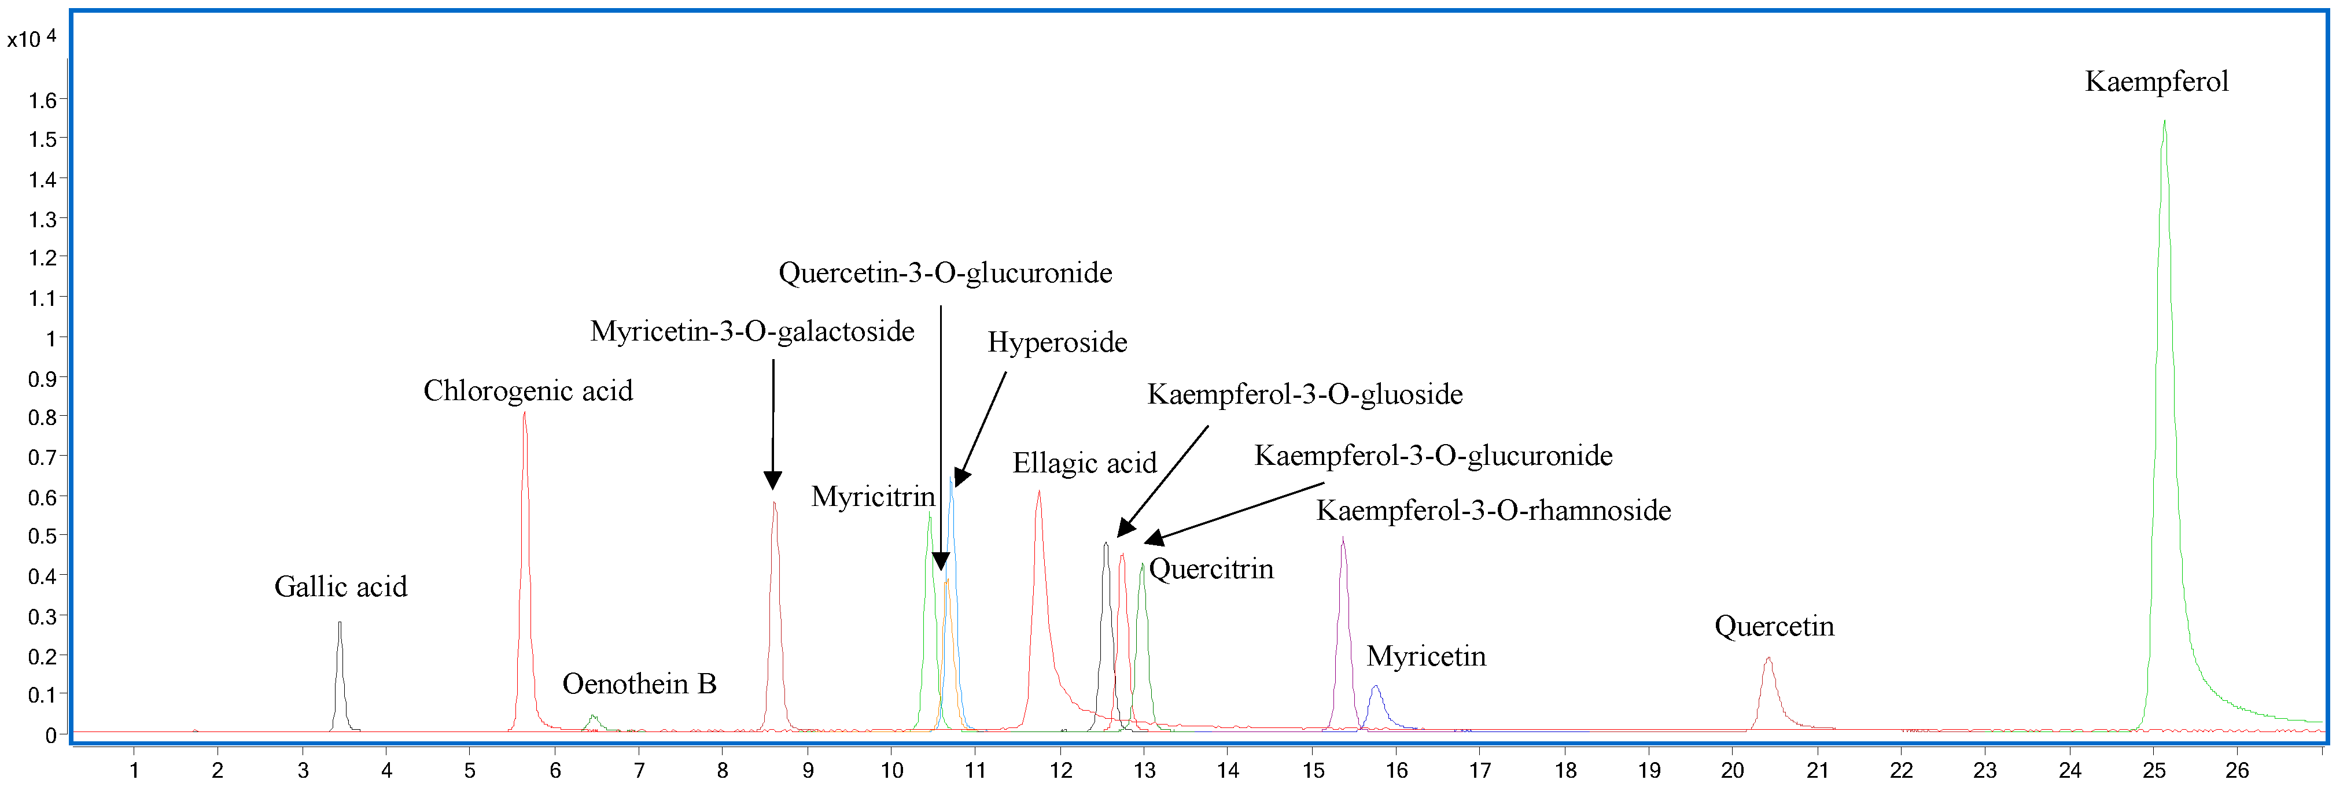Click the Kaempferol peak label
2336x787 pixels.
coord(2156,82)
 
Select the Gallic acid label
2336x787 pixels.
coord(340,586)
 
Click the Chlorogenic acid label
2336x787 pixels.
coord(528,391)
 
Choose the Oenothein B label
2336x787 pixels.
coord(639,683)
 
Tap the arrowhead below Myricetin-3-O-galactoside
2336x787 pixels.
coord(773,481)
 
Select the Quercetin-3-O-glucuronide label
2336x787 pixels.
coord(945,273)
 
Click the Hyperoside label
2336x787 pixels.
coord(1058,343)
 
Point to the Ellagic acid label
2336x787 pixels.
coord(1085,463)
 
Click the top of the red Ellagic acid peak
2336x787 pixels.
coord(1038,492)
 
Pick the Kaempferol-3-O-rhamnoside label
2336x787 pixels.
coord(1493,511)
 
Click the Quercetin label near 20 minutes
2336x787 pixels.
coord(1774,626)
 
